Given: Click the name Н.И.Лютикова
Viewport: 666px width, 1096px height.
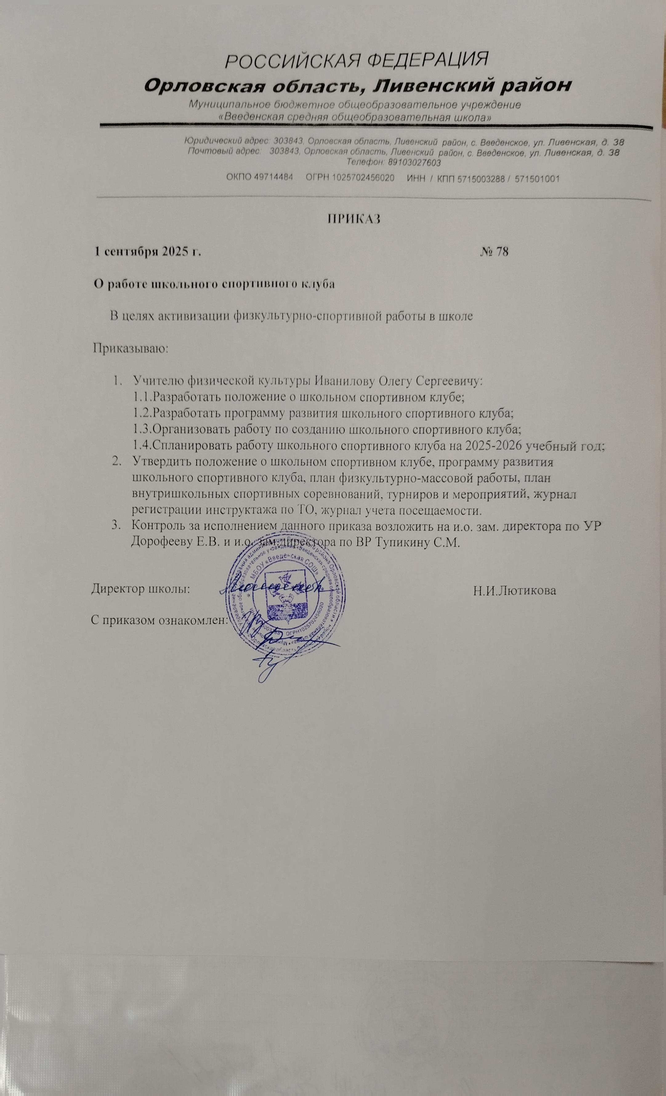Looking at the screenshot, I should pyautogui.click(x=515, y=591).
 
